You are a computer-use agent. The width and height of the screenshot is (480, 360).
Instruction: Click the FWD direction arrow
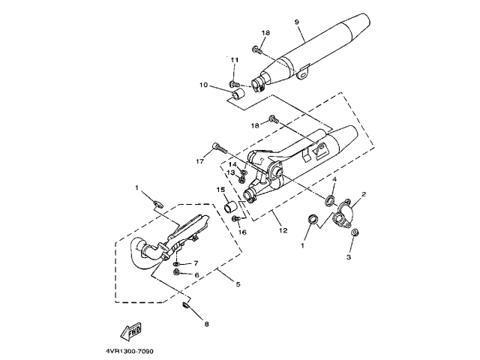tap(131, 331)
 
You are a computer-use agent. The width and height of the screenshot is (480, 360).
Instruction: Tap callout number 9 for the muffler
tap(297, 22)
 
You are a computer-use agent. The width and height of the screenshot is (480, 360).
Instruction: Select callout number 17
tap(199, 160)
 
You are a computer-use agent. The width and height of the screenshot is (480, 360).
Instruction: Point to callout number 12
tap(283, 230)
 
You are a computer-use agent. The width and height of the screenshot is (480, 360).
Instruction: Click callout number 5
tap(238, 284)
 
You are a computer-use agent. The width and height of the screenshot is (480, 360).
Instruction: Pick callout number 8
tap(206, 324)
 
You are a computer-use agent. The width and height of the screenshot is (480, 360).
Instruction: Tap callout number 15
tap(221, 190)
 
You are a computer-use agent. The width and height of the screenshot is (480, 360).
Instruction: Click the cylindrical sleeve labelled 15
tap(230, 206)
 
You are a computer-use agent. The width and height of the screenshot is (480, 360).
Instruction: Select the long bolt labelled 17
tap(219, 148)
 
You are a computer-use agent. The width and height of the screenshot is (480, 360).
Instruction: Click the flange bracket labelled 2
tap(342, 214)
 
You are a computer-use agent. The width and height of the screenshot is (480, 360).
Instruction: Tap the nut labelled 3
tap(355, 232)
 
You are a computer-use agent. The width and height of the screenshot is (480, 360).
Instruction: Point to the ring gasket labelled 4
tap(330, 201)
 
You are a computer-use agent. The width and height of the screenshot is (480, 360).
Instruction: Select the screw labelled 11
tap(235, 83)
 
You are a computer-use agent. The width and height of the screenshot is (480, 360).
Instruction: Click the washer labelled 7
tap(177, 263)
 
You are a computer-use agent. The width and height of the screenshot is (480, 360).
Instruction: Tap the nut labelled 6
tap(176, 271)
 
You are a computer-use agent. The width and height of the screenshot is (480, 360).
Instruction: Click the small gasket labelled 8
tap(185, 305)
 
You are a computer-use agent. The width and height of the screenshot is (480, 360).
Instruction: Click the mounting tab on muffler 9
tap(303, 73)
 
